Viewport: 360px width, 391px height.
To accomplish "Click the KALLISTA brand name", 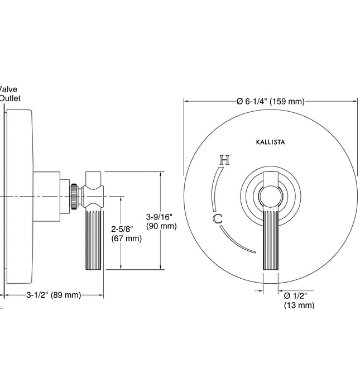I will tap(270, 142).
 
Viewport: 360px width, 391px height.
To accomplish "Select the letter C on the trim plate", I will tap(218, 219).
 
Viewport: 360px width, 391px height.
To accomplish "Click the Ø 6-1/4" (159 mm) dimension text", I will tap(271, 101).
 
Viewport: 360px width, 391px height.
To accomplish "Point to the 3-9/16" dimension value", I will tap(161, 217).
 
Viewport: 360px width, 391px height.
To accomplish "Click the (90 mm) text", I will tap(161, 226).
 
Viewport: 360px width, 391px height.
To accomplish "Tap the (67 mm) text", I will tap(126, 239).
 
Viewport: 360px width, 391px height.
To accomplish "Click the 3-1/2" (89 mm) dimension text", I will tap(54, 294).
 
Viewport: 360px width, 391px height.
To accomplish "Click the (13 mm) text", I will tap(299, 305).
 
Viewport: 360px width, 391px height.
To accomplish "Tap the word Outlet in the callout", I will tap(9, 98).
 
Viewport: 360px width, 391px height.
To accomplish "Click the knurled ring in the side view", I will tap(73, 196).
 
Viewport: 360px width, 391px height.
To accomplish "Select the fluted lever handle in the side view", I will tap(93, 240).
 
